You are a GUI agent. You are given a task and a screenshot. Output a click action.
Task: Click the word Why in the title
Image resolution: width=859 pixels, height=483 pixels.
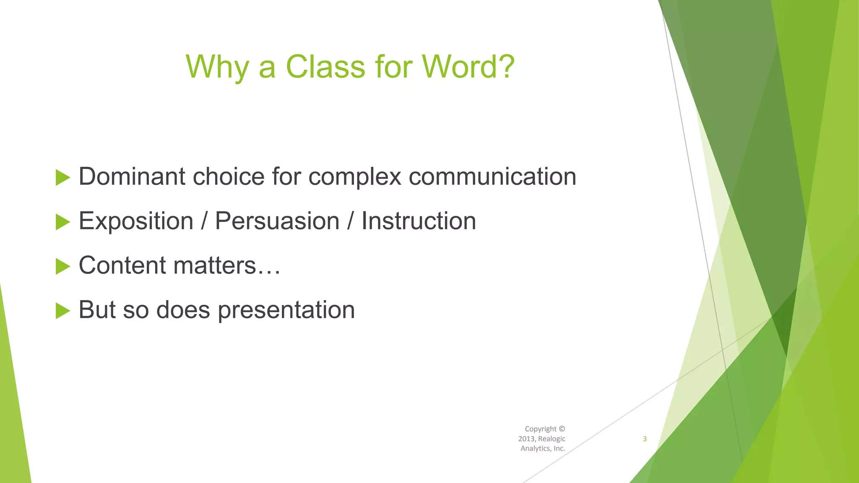217,67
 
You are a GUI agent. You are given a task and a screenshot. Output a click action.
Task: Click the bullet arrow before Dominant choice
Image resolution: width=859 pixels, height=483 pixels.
62,178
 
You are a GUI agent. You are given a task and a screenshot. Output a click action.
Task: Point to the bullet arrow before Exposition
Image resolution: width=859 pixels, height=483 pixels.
62,222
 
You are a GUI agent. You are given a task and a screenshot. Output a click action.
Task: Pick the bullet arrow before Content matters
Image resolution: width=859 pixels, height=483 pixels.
62,267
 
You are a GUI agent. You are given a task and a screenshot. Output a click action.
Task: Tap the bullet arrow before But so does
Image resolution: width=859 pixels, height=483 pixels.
62,311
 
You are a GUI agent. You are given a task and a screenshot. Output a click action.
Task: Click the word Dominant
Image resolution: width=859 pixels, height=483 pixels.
132,176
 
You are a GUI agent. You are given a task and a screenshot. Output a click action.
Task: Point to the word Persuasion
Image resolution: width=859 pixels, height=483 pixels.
277,221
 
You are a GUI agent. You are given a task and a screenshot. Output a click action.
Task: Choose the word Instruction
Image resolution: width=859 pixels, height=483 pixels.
419,221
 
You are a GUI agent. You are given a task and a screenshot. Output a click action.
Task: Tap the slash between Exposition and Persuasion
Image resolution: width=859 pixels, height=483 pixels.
204,221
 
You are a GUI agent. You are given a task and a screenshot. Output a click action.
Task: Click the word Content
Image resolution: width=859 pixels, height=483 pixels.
122,265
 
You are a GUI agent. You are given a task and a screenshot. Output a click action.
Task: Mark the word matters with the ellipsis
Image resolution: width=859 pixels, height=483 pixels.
226,266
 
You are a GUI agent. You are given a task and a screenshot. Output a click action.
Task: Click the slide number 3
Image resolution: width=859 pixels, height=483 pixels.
645,439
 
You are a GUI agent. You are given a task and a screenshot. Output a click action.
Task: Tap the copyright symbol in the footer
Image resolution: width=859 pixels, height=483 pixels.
562,429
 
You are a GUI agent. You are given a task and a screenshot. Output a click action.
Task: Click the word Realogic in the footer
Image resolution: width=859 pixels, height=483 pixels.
552,439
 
